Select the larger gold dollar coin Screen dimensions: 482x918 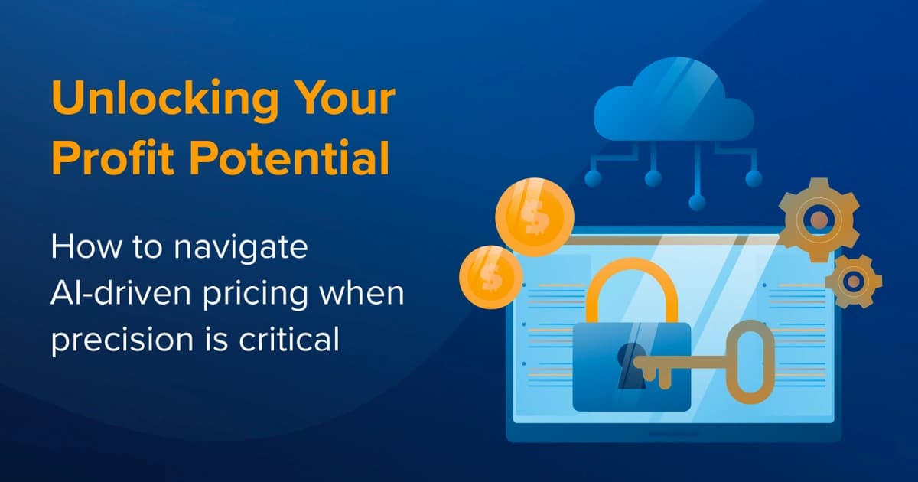coord(534,217)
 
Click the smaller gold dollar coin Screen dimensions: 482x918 coord(490,275)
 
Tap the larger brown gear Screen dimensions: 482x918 coord(819,219)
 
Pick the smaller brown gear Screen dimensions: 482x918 coord(853,281)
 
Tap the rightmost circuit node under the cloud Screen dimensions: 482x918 coord(754,178)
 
